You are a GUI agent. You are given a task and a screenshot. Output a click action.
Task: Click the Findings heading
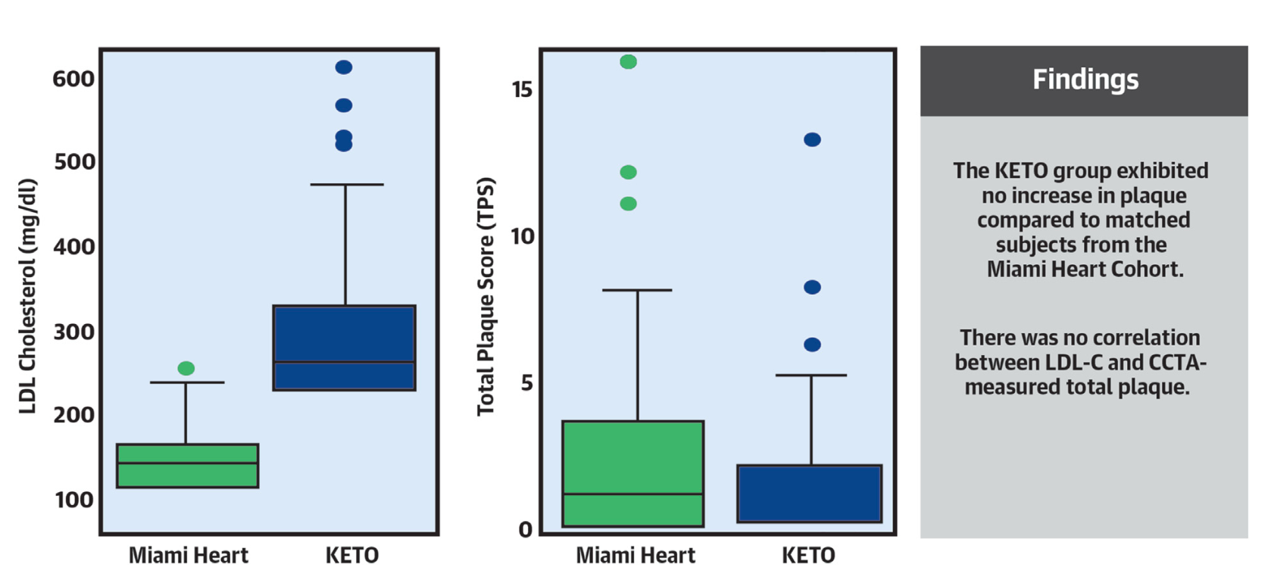point(1085,80)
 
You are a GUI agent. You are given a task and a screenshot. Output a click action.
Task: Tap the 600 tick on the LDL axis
point(73,79)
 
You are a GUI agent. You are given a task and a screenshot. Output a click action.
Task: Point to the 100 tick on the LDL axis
point(73,500)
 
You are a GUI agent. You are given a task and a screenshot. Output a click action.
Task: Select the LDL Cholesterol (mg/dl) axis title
point(28,296)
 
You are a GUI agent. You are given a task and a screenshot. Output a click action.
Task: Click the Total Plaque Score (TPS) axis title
point(486,296)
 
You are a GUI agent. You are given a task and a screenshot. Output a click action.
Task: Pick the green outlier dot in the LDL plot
point(186,368)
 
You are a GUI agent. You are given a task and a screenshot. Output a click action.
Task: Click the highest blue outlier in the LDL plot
point(344,67)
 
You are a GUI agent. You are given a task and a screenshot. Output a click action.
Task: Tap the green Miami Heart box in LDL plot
point(187,466)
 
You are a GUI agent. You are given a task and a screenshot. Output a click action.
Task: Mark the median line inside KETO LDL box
point(344,363)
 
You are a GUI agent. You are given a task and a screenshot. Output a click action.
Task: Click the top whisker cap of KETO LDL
point(346,185)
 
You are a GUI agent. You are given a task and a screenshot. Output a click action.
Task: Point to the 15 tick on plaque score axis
point(522,89)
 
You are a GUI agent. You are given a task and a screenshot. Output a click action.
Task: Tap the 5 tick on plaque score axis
point(526,383)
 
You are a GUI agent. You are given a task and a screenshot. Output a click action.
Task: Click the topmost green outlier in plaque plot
point(628,62)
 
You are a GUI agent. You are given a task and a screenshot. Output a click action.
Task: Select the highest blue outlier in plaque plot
point(812,139)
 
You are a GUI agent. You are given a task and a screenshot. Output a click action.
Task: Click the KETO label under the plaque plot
point(808,556)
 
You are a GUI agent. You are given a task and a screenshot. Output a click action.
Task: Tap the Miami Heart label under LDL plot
point(188,556)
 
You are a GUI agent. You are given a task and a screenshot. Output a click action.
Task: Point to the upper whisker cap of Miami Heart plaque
point(637,290)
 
